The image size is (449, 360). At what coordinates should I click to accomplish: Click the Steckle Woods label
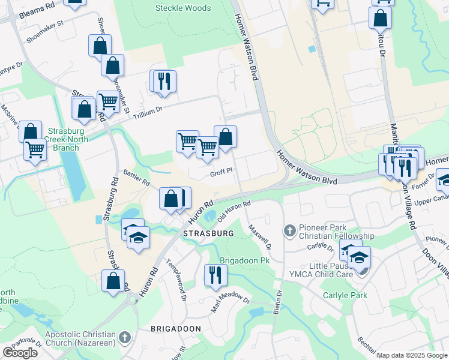pos(183,8)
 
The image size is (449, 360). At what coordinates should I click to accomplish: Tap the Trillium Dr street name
pos(143,109)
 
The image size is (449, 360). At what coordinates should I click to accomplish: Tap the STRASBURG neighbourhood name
pos(190,233)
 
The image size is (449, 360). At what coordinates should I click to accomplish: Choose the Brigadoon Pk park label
pos(243,260)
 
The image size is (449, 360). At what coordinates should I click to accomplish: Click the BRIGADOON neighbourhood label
pos(175,329)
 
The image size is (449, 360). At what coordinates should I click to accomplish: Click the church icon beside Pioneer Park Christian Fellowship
pos(289,230)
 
